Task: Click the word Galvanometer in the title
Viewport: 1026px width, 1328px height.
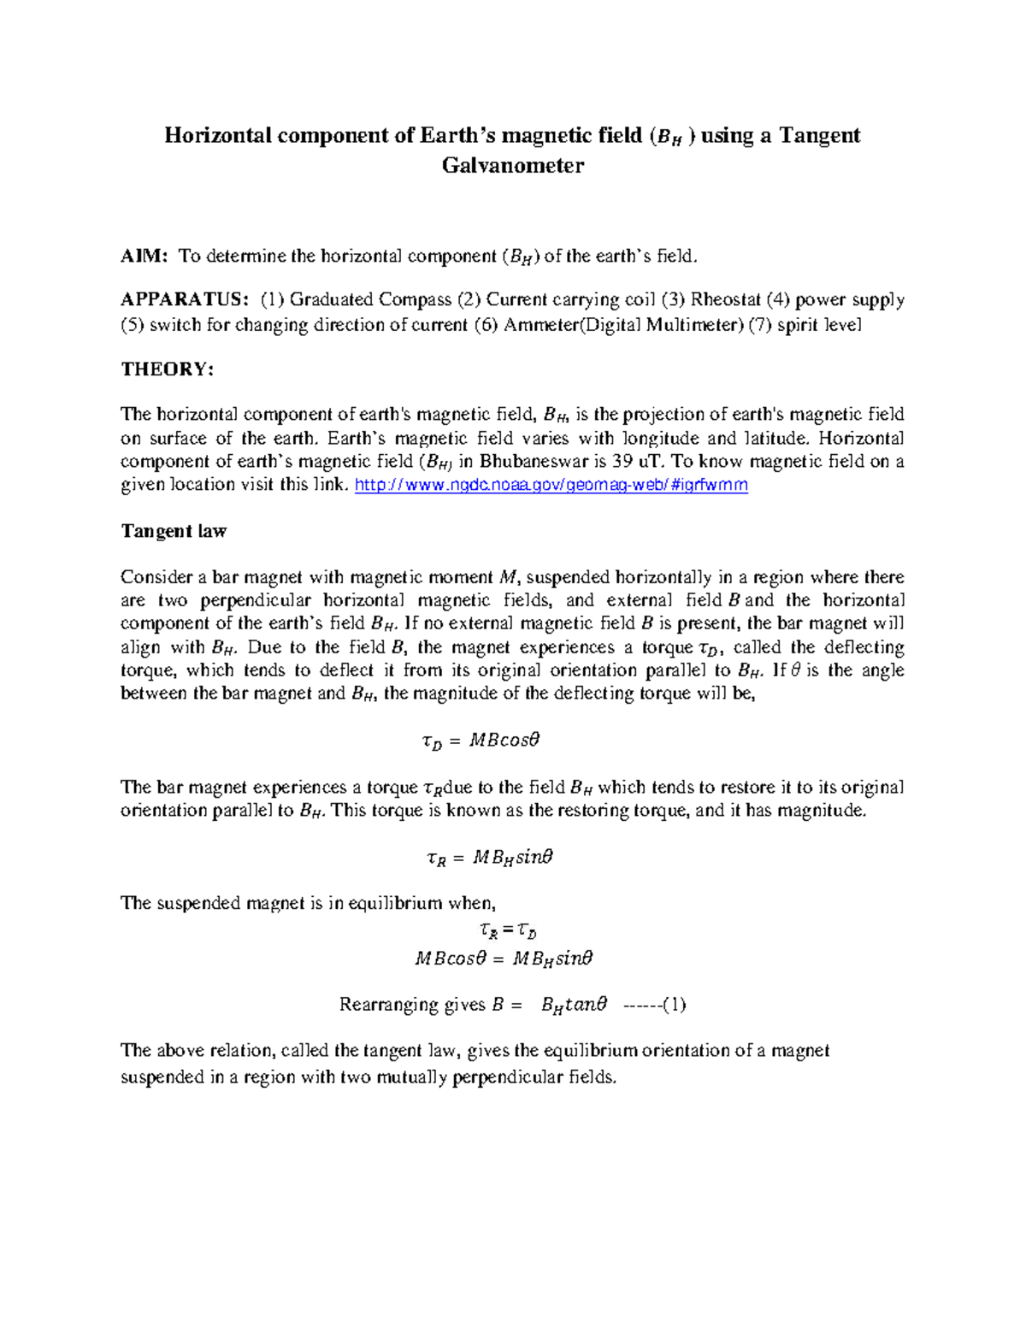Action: coord(512,166)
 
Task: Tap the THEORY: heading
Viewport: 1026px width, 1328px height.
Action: coord(167,369)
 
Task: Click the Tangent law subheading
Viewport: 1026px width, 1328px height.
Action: coord(174,531)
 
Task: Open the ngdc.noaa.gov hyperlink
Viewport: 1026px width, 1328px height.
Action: coord(551,485)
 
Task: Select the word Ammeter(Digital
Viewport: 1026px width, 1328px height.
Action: coord(571,325)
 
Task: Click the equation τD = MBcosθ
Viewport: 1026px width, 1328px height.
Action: coord(481,741)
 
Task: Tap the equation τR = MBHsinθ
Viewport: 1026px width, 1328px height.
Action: coord(489,857)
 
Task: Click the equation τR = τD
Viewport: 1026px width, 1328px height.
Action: coord(507,930)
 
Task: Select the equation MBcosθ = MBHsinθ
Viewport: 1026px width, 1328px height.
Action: coord(504,959)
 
